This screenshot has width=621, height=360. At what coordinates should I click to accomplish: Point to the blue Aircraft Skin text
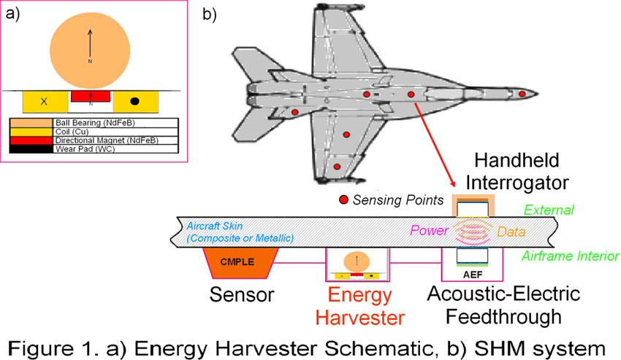pyautogui.click(x=238, y=232)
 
